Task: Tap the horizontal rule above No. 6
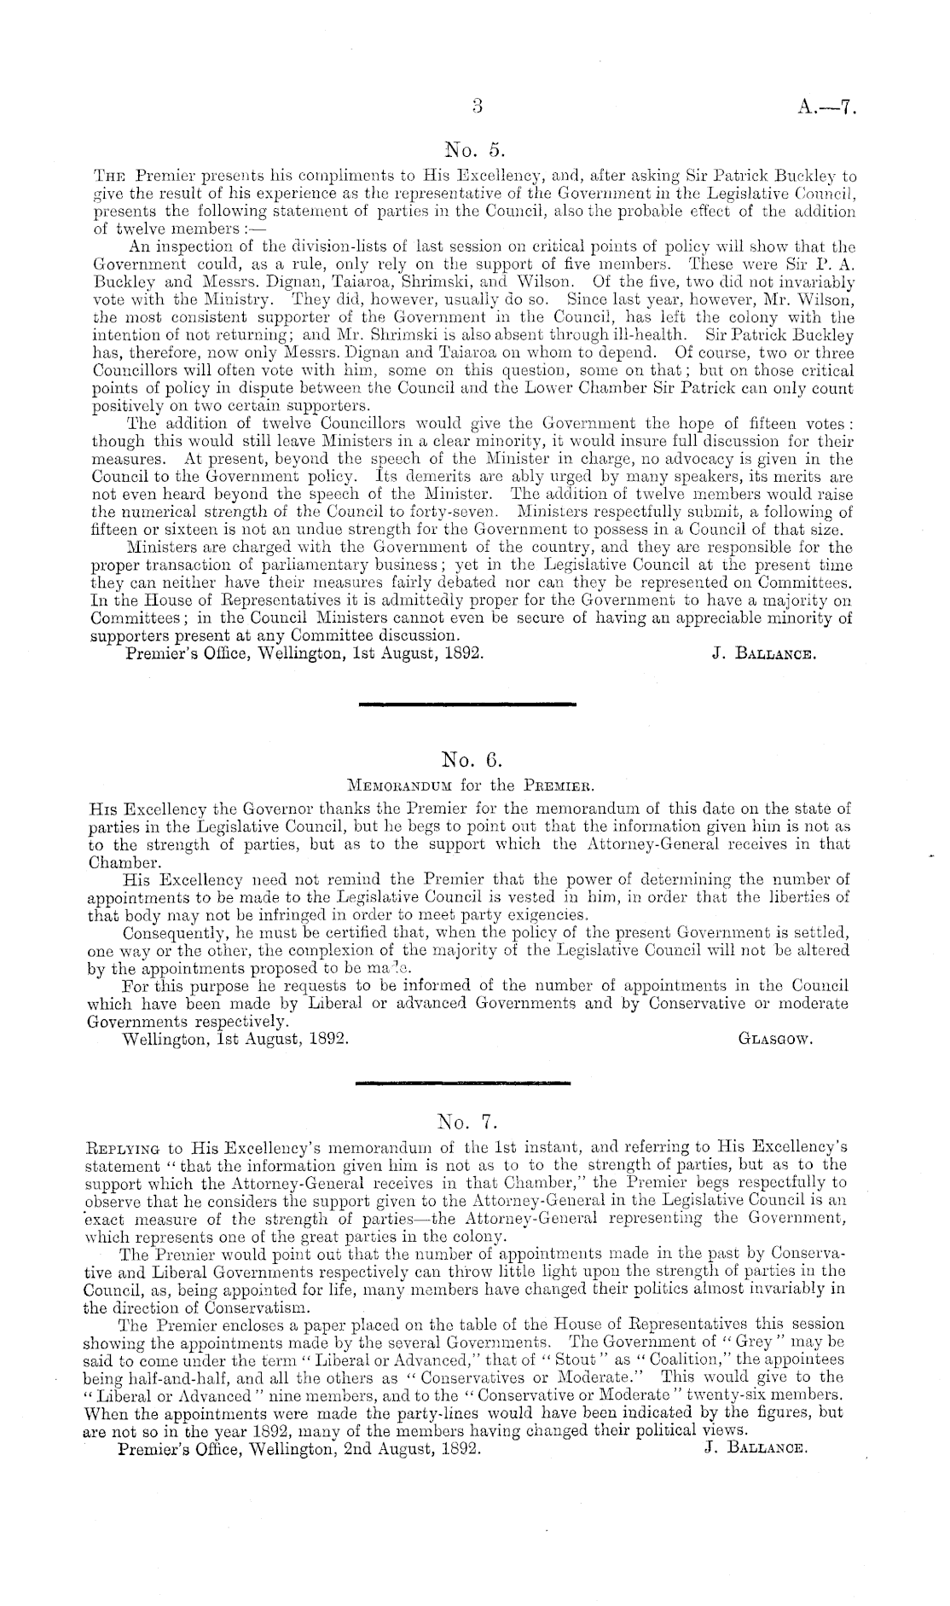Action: click(x=469, y=704)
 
